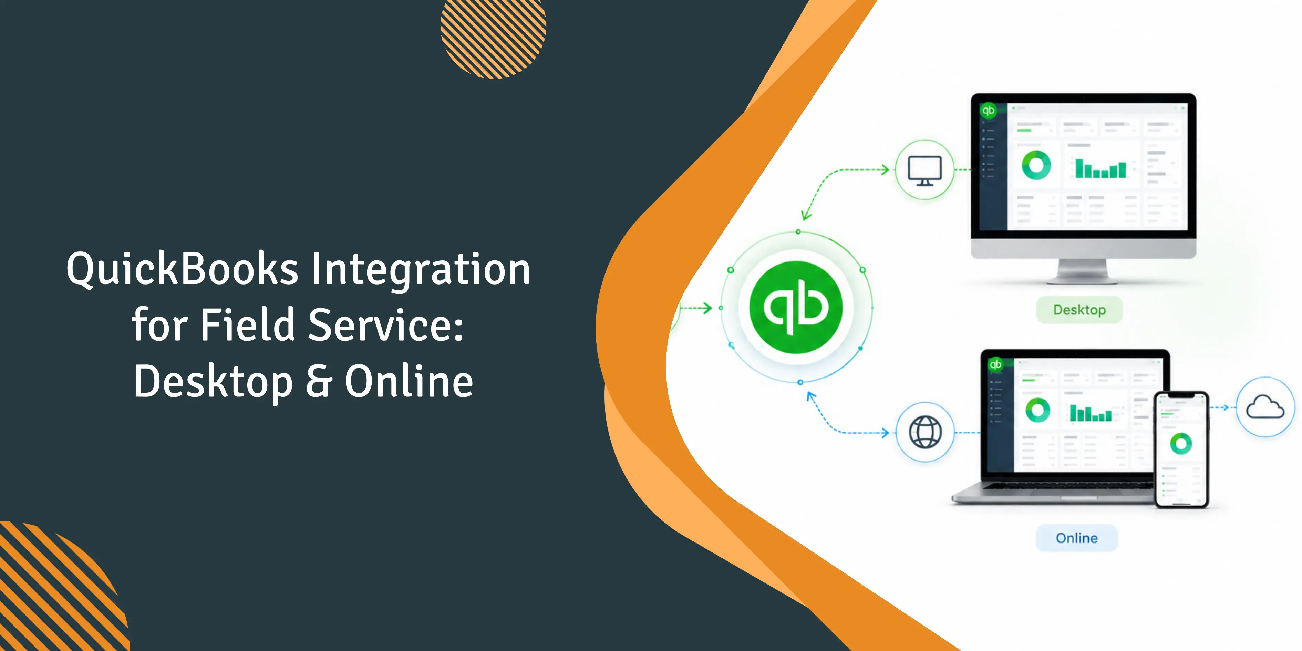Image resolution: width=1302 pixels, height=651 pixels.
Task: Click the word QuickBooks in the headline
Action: click(x=183, y=269)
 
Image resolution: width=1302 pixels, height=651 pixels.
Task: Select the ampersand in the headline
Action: click(x=319, y=381)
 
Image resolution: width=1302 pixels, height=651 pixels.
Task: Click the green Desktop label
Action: click(x=1079, y=310)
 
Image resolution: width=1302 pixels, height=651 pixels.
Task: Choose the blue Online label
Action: click(x=1077, y=538)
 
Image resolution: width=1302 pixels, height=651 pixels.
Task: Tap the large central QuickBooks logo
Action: click(x=796, y=307)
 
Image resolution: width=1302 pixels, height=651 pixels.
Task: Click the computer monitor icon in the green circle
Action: click(x=924, y=170)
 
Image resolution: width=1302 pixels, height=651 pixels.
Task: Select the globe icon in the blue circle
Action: click(x=925, y=432)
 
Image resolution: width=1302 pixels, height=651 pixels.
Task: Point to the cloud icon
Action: click(x=1265, y=407)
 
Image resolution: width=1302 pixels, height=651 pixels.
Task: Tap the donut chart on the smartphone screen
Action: click(x=1181, y=444)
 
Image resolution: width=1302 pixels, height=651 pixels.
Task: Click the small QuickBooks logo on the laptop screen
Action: click(x=995, y=364)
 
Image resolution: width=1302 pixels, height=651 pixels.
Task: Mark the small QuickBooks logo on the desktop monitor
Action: click(x=988, y=110)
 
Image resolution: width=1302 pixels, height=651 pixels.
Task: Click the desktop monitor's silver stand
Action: click(x=1083, y=271)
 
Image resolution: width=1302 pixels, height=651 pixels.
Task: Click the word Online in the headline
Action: click(x=409, y=381)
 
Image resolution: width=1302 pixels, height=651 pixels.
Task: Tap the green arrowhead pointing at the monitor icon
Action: click(x=886, y=169)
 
